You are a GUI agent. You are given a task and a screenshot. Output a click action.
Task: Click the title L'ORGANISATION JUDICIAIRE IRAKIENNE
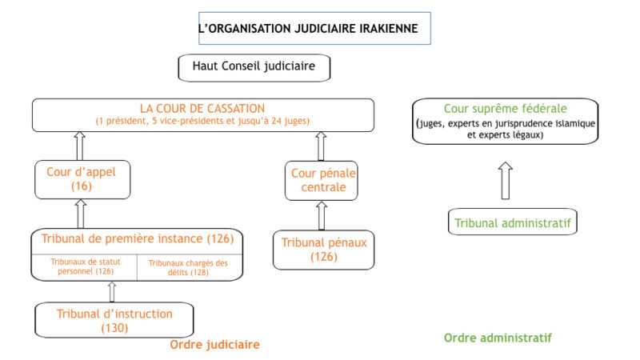pos(308,29)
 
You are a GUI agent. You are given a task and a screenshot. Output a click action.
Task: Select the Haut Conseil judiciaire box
pos(254,68)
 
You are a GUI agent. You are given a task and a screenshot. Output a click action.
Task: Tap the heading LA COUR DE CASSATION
pos(202,109)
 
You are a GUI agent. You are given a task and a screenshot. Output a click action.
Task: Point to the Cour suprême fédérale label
pos(506,109)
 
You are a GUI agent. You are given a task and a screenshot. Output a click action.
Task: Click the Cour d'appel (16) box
pos(82,179)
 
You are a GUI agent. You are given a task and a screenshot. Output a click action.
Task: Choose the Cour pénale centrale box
pos(322,181)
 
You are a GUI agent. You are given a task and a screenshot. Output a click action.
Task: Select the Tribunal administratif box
pos(513,222)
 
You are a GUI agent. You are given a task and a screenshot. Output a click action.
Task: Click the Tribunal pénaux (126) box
pos(324,250)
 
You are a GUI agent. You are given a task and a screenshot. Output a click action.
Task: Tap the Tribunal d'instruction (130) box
pos(114,320)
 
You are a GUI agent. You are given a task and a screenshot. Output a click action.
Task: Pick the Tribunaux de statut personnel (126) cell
pos(85,267)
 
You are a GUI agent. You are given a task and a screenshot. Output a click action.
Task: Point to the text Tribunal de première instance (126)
pos(137,238)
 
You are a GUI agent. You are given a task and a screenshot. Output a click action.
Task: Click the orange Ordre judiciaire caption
pos(214,345)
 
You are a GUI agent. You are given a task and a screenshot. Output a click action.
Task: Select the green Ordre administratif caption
pos(498,338)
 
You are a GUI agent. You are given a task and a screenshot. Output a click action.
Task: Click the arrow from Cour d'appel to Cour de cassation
pos(80,146)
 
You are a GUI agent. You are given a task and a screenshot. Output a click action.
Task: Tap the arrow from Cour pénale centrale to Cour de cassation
pos(321,146)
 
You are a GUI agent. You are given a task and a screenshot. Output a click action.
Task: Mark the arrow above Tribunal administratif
pos(506,181)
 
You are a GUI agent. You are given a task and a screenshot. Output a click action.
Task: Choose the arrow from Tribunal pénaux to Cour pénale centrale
pos(322,215)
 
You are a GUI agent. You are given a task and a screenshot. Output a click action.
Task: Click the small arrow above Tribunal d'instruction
pos(112,292)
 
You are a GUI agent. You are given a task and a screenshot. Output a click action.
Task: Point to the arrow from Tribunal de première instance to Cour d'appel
pos(81,214)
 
